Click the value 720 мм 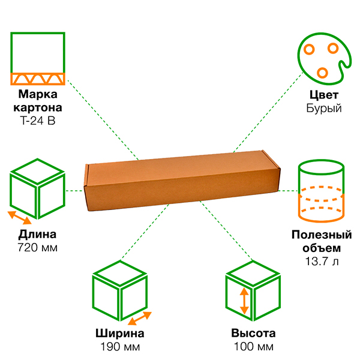pyautogui.click(x=37, y=247)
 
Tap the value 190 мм pyautogui.click(x=120, y=347)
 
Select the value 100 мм pyautogui.click(x=253, y=347)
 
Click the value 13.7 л pyautogui.click(x=322, y=261)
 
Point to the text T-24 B pyautogui.click(x=37, y=120)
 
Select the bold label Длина pyautogui.click(x=37, y=235)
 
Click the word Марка pyautogui.click(x=37, y=94)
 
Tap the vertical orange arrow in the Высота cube pyautogui.click(x=244, y=301)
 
